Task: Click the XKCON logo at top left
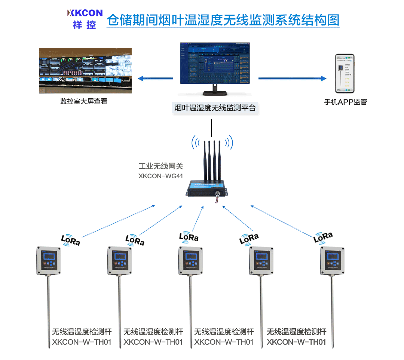[85, 19]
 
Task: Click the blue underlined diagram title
[223, 19]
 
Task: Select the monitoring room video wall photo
[86, 70]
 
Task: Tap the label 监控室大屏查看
[83, 101]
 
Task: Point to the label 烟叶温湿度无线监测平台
[215, 108]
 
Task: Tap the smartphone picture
[344, 74]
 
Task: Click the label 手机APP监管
[345, 102]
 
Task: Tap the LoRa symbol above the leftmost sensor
[70, 240]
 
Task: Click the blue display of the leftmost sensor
[49, 257]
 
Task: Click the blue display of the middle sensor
[190, 257]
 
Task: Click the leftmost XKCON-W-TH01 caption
[82, 342]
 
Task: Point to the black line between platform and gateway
[212, 128]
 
